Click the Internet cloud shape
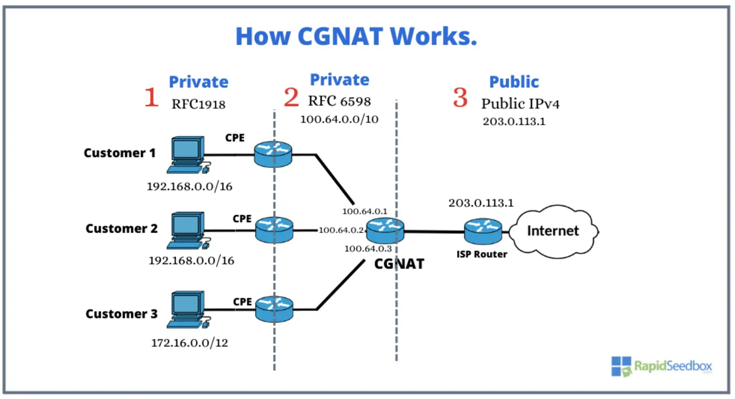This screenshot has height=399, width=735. pyautogui.click(x=553, y=232)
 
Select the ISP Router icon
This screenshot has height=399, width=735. pyautogui.click(x=483, y=230)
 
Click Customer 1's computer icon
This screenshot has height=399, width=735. pyautogui.click(x=186, y=155)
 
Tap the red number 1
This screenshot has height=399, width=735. pyautogui.click(x=151, y=98)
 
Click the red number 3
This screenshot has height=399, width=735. pyautogui.click(x=460, y=98)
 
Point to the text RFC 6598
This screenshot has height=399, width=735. pyautogui.click(x=339, y=101)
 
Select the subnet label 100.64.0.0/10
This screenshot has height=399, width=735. pyautogui.click(x=339, y=119)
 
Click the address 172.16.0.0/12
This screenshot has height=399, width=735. pyautogui.click(x=190, y=343)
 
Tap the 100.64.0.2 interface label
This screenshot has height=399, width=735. pyautogui.click(x=341, y=230)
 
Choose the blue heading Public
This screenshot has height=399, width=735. pyautogui.click(x=514, y=82)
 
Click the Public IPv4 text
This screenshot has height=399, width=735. pyautogui.click(x=520, y=103)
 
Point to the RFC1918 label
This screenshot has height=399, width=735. pyautogui.click(x=198, y=104)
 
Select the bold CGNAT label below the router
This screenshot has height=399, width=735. pyautogui.click(x=398, y=264)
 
